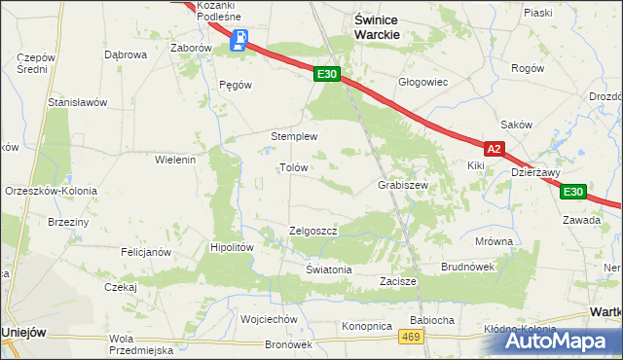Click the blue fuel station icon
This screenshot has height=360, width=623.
[238, 41]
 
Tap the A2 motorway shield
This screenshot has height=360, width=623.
[495, 149]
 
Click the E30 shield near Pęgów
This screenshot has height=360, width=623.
[327, 74]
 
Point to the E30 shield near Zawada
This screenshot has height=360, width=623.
[574, 192]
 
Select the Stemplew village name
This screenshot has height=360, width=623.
[294, 136]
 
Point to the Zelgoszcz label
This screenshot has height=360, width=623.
[312, 231]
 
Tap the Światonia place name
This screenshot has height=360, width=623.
[328, 270]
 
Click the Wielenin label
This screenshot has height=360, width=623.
[176, 159]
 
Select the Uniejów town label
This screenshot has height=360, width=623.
[25, 332]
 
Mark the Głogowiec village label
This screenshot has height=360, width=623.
[422, 82]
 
